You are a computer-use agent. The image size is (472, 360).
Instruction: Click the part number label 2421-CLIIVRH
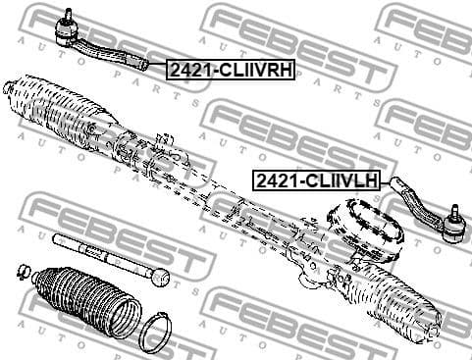pyautogui.click(x=232, y=70)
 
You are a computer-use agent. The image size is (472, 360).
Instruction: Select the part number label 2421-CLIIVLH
pyautogui.click(x=316, y=180)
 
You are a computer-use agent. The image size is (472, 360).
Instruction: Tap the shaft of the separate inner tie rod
pyautogui.click(x=103, y=258)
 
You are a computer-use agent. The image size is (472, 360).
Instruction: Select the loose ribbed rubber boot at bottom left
pyautogui.click(x=82, y=298)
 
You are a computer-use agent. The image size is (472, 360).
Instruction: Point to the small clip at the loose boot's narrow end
pyautogui.click(x=23, y=269)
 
